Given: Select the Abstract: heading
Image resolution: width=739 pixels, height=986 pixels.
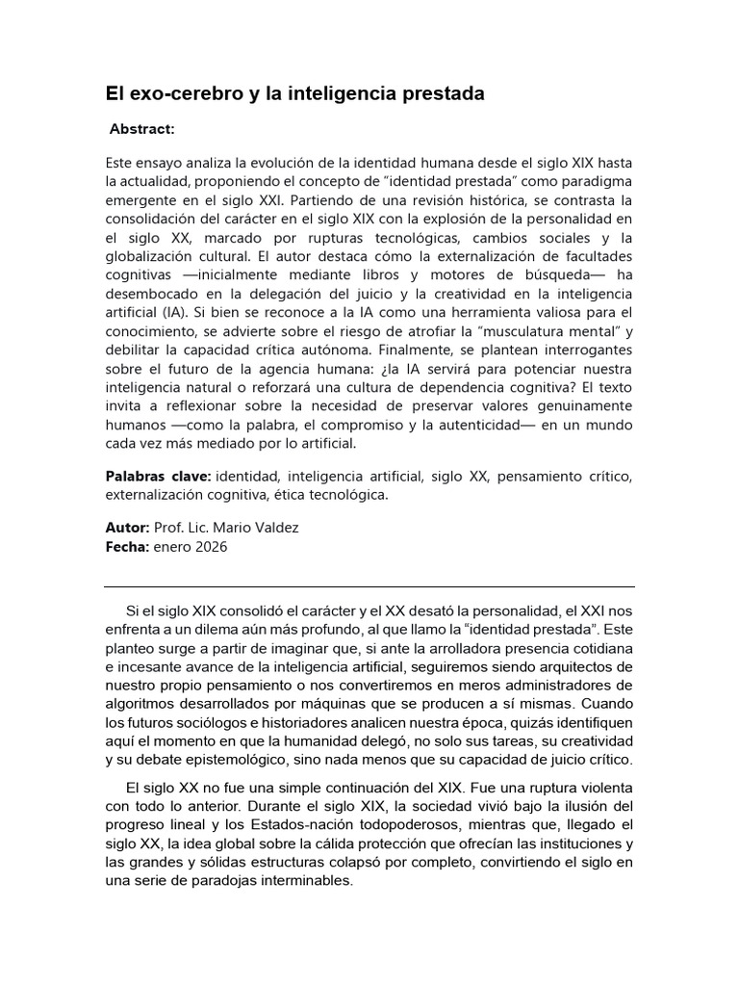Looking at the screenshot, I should pyautogui.click(x=142, y=129).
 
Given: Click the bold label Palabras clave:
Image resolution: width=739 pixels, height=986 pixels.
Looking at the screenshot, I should pyautogui.click(x=158, y=476).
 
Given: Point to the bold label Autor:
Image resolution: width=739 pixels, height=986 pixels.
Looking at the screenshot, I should pyautogui.click(x=127, y=529).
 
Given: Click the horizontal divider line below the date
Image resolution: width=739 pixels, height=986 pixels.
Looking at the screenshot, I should pyautogui.click(x=369, y=586).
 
